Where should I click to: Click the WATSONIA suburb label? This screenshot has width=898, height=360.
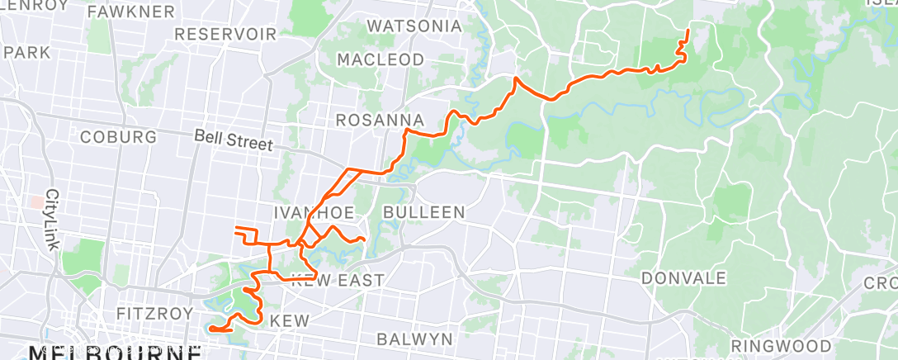tap(414, 26)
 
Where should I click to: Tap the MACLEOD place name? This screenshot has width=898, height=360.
tap(380, 59)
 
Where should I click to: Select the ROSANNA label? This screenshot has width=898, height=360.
tap(380, 121)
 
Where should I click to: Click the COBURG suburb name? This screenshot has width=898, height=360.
tap(119, 136)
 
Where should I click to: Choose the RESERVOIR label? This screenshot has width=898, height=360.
tap(225, 35)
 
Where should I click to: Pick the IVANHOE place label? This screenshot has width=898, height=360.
tap(308, 212)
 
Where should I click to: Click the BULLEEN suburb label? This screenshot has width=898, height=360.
tap(424, 212)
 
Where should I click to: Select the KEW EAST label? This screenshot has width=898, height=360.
tap(338, 281)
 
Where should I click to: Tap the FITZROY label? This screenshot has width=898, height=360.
tap(154, 314)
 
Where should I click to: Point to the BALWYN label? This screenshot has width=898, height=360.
tap(414, 339)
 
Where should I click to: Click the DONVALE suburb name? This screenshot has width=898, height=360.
tap(683, 277)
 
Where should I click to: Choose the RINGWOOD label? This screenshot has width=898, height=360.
tap(781, 345)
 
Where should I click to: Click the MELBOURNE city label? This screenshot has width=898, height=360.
tap(116, 353)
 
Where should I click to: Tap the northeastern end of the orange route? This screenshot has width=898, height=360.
tap(688, 31)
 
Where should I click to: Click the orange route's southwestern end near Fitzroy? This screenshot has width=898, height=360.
tap(210, 329)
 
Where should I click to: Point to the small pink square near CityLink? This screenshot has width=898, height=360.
tap(35, 201)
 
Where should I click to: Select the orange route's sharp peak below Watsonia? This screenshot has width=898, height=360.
tap(516, 78)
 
